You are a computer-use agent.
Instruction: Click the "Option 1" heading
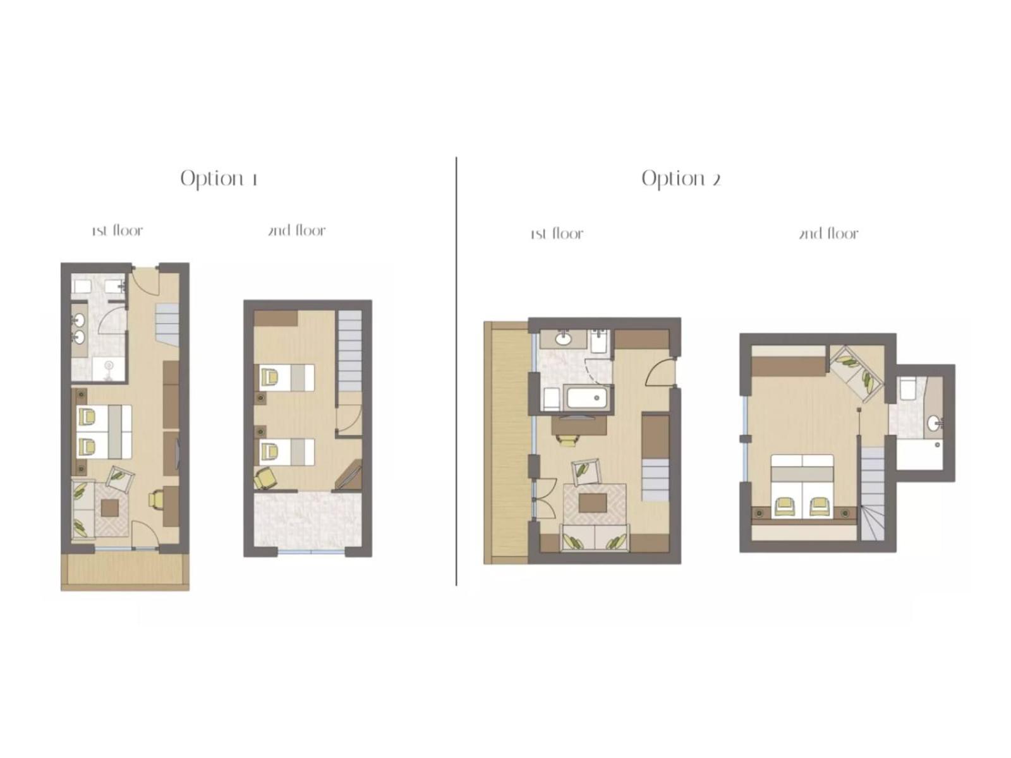[219, 179]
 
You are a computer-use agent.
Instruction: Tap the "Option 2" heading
[681, 179]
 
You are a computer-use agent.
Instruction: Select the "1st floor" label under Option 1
[118, 230]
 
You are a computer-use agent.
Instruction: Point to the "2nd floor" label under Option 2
[828, 233]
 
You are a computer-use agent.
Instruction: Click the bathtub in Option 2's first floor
[586, 398]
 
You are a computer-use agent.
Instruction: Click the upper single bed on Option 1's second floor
[286, 378]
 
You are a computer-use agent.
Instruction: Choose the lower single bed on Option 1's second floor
[286, 452]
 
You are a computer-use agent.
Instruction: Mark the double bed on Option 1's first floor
[104, 431]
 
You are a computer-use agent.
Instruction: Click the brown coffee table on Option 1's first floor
[109, 508]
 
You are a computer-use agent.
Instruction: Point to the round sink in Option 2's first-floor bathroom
[563, 340]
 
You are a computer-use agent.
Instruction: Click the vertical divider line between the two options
[456, 371]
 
